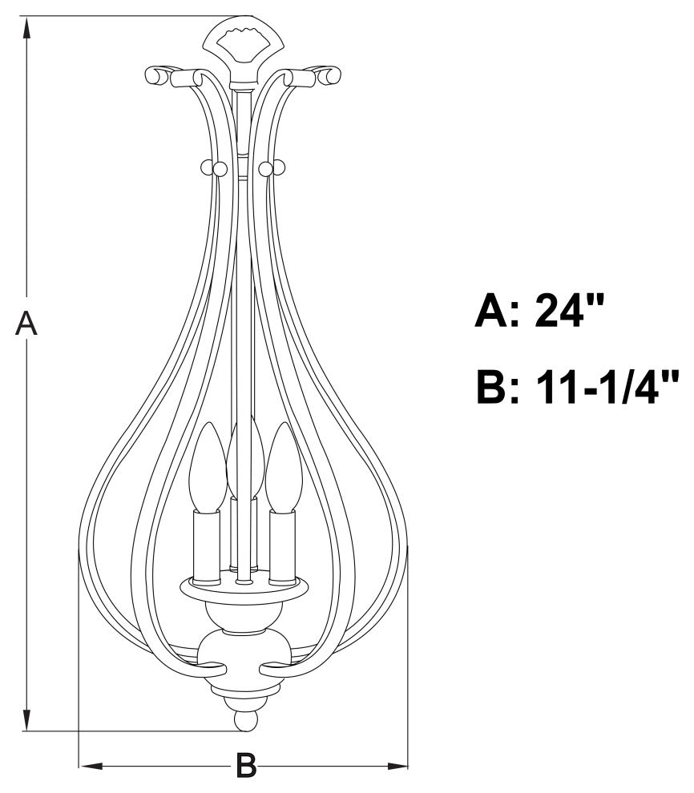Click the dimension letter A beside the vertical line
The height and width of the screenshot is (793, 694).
point(27,324)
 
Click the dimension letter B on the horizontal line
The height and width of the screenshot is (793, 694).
point(246,766)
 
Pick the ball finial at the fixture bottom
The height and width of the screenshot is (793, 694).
point(245,720)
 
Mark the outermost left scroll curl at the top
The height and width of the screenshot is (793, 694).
point(155,75)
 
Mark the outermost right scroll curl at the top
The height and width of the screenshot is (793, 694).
point(330,75)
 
